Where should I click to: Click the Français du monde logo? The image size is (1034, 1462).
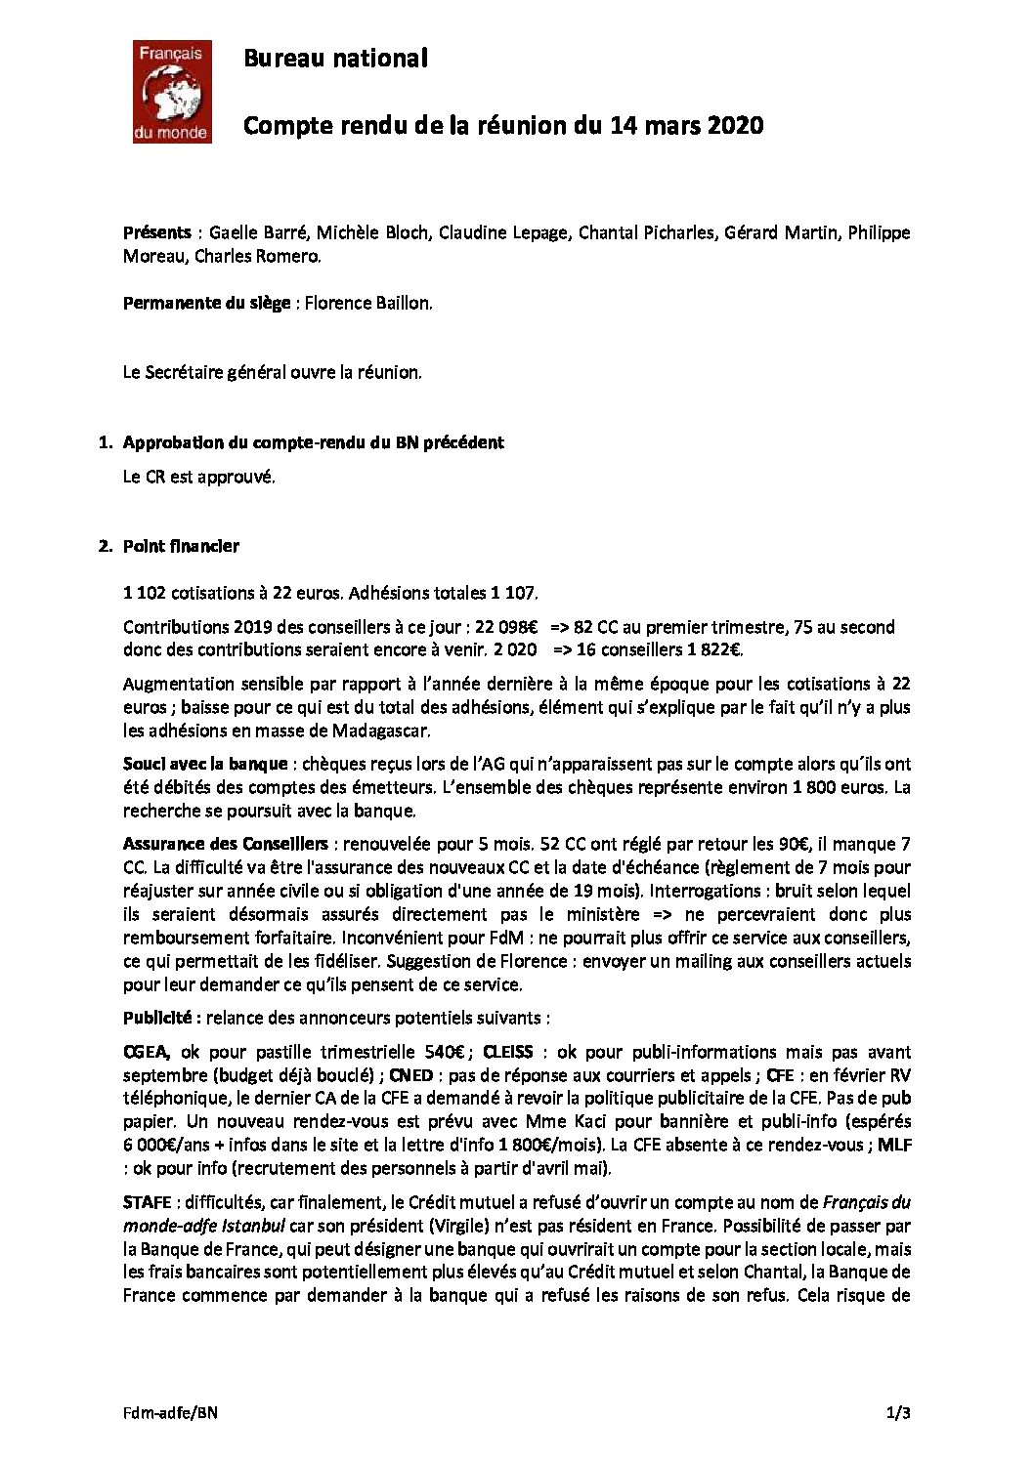172,91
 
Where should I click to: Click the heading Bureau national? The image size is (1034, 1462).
335,59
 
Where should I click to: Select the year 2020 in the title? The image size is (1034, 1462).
735,126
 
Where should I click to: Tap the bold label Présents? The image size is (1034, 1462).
156,232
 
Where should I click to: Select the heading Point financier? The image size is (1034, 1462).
181,546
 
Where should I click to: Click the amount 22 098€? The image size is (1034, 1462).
505,627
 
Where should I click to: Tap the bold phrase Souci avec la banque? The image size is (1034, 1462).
205,764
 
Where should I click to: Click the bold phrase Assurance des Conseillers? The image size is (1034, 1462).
226,844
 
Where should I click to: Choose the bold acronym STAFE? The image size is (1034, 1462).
149,1202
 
